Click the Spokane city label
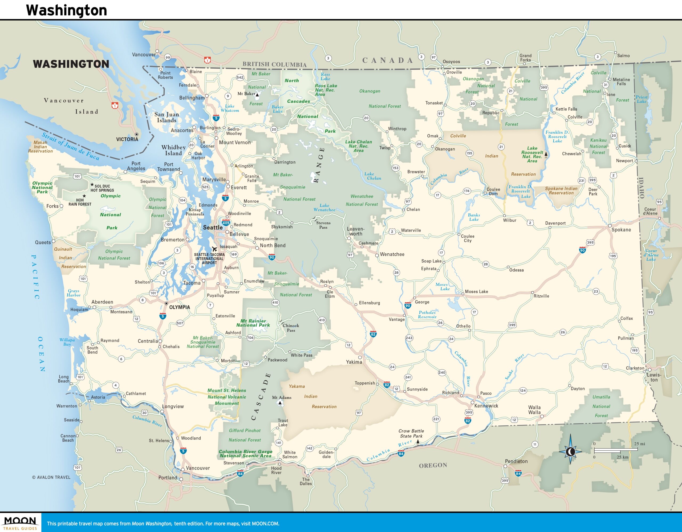click(x=621, y=230)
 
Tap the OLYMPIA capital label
click(x=179, y=307)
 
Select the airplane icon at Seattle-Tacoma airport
click(x=214, y=249)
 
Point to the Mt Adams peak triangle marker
click(x=280, y=403)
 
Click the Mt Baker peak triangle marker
click(x=257, y=95)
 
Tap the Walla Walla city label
click(x=534, y=410)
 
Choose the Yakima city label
click(x=354, y=362)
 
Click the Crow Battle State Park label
click(x=411, y=433)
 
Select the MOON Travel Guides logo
click(x=20, y=523)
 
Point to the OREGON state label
click(x=433, y=465)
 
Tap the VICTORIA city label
click(x=127, y=139)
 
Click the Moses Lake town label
click(x=476, y=292)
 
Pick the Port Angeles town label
click(x=136, y=166)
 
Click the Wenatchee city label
click(x=392, y=254)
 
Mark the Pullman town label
click(x=626, y=338)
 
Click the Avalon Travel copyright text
click(x=51, y=477)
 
